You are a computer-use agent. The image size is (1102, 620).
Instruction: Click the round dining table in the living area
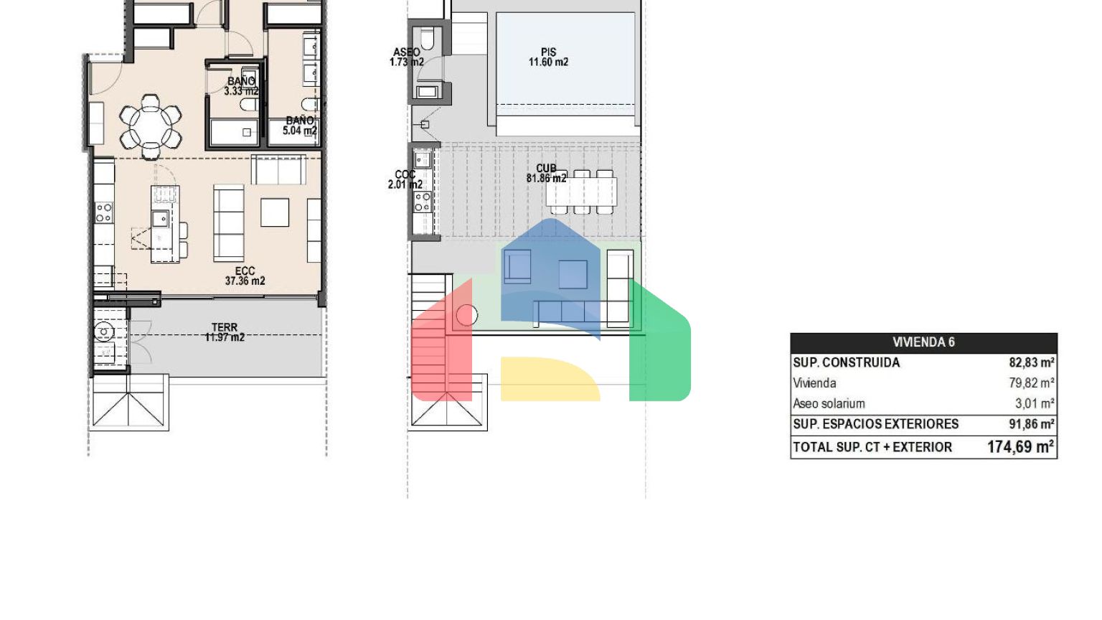(151, 127)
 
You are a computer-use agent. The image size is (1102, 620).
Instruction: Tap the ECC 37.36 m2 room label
(245, 276)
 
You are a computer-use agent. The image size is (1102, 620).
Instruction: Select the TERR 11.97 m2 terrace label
(225, 332)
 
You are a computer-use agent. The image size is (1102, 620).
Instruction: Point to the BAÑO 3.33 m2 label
(241, 86)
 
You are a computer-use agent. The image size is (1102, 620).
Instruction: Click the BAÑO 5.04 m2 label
(300, 126)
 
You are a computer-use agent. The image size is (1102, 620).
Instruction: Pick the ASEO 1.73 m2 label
(406, 57)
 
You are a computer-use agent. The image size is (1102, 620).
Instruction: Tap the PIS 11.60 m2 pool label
(549, 57)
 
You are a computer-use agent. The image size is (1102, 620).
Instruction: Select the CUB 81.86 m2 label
(546, 173)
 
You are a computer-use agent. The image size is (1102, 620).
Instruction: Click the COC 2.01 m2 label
(405, 179)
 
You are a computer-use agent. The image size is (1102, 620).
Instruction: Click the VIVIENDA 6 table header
(923, 342)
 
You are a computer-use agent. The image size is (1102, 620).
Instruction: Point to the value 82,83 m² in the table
(1031, 362)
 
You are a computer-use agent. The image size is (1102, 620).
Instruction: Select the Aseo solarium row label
(829, 403)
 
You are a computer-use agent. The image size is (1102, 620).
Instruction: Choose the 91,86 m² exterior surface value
(1031, 423)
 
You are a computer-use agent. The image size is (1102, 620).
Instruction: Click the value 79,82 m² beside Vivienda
(1031, 382)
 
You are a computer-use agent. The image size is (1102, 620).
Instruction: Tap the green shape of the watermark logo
(660, 344)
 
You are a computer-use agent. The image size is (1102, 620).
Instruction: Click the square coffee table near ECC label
(275, 212)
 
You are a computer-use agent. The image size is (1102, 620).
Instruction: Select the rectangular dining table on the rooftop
(581, 192)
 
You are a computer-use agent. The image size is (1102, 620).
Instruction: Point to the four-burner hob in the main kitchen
(104, 212)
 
